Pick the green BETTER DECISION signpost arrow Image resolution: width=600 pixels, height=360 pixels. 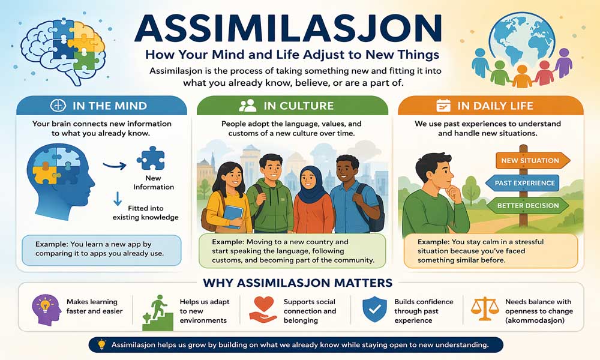[x=528, y=205]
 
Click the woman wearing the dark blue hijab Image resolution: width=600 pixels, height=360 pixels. [x=312, y=198]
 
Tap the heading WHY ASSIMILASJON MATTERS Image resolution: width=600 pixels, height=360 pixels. [x=298, y=283]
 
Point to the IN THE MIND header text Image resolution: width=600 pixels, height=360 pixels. [x=109, y=106]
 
